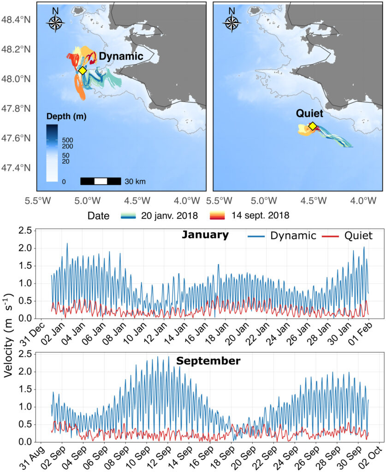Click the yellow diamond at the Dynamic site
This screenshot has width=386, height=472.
pos(82,71)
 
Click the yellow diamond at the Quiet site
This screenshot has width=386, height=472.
pos(312,126)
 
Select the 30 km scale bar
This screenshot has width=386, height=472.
pos(101,181)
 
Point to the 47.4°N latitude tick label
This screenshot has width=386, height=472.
pos(17,167)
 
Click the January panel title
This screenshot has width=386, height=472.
pos(205,235)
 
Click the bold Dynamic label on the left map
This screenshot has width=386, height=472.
pos(121,56)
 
